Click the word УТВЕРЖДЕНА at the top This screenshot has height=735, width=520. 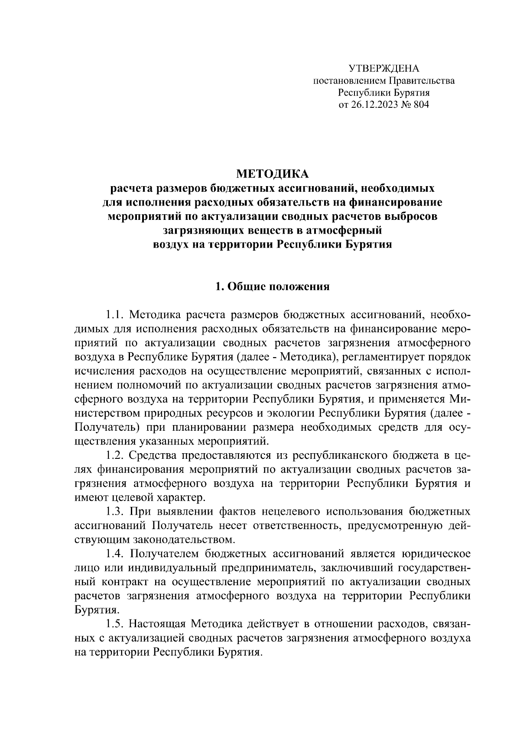tap(384, 69)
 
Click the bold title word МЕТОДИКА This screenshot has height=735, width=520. tap(272, 174)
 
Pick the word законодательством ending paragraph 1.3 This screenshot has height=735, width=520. tap(182, 540)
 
